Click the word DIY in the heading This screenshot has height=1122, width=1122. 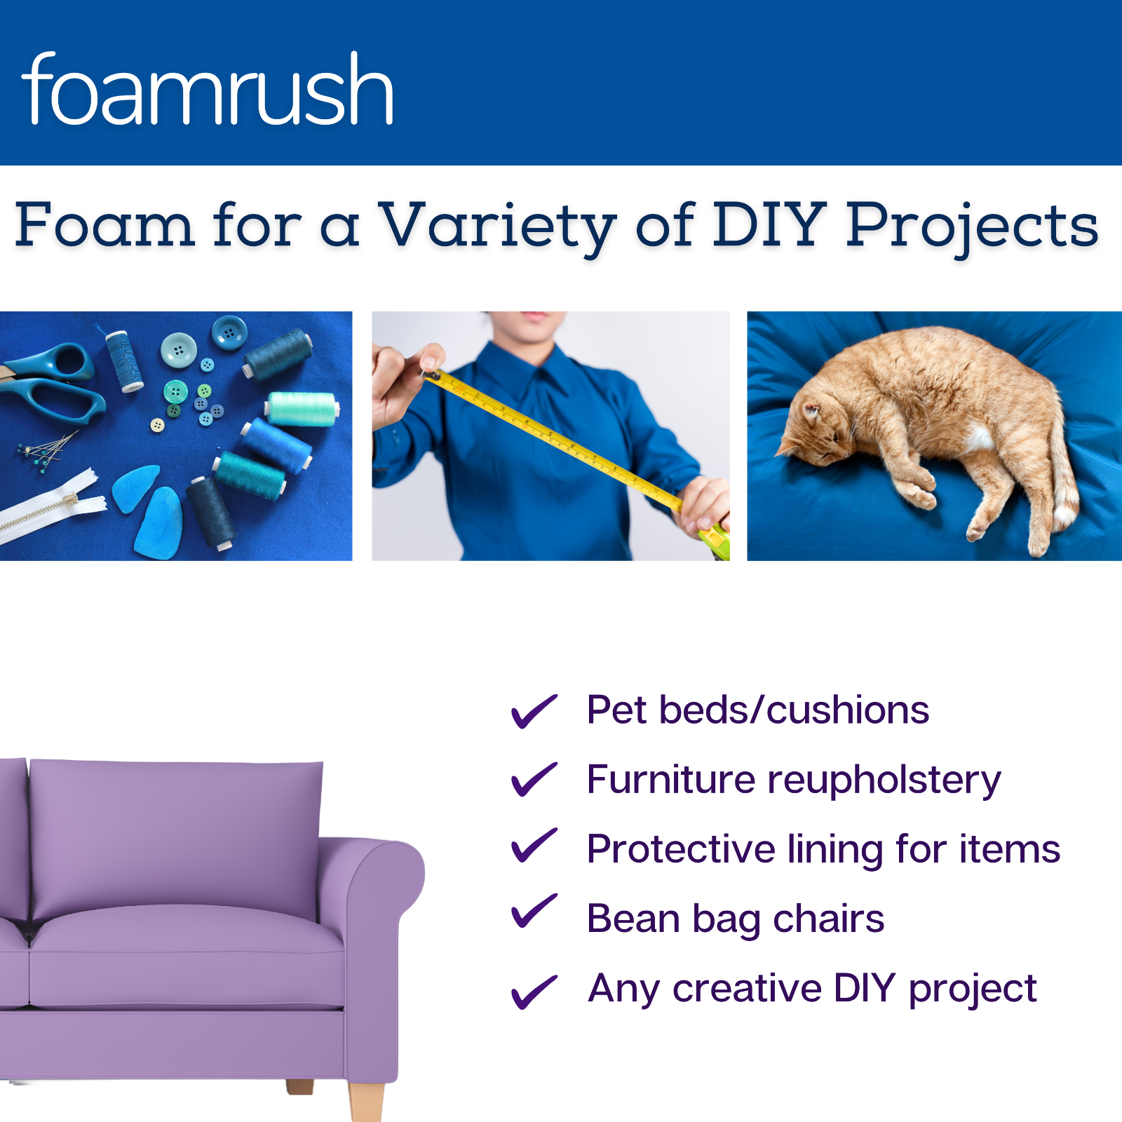click(769, 225)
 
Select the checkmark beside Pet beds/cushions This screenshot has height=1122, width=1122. click(534, 711)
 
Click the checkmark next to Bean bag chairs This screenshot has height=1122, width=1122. click(534, 912)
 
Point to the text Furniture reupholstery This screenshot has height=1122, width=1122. click(793, 780)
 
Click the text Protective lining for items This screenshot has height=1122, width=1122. click(823, 849)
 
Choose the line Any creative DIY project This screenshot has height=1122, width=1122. click(812, 989)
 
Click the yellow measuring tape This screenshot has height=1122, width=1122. click(554, 435)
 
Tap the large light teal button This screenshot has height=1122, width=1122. click(178, 349)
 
